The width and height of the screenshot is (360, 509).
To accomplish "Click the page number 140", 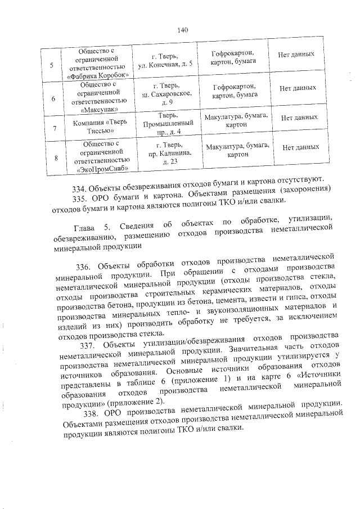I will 181,30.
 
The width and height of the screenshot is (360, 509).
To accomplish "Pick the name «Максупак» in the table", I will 101,111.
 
